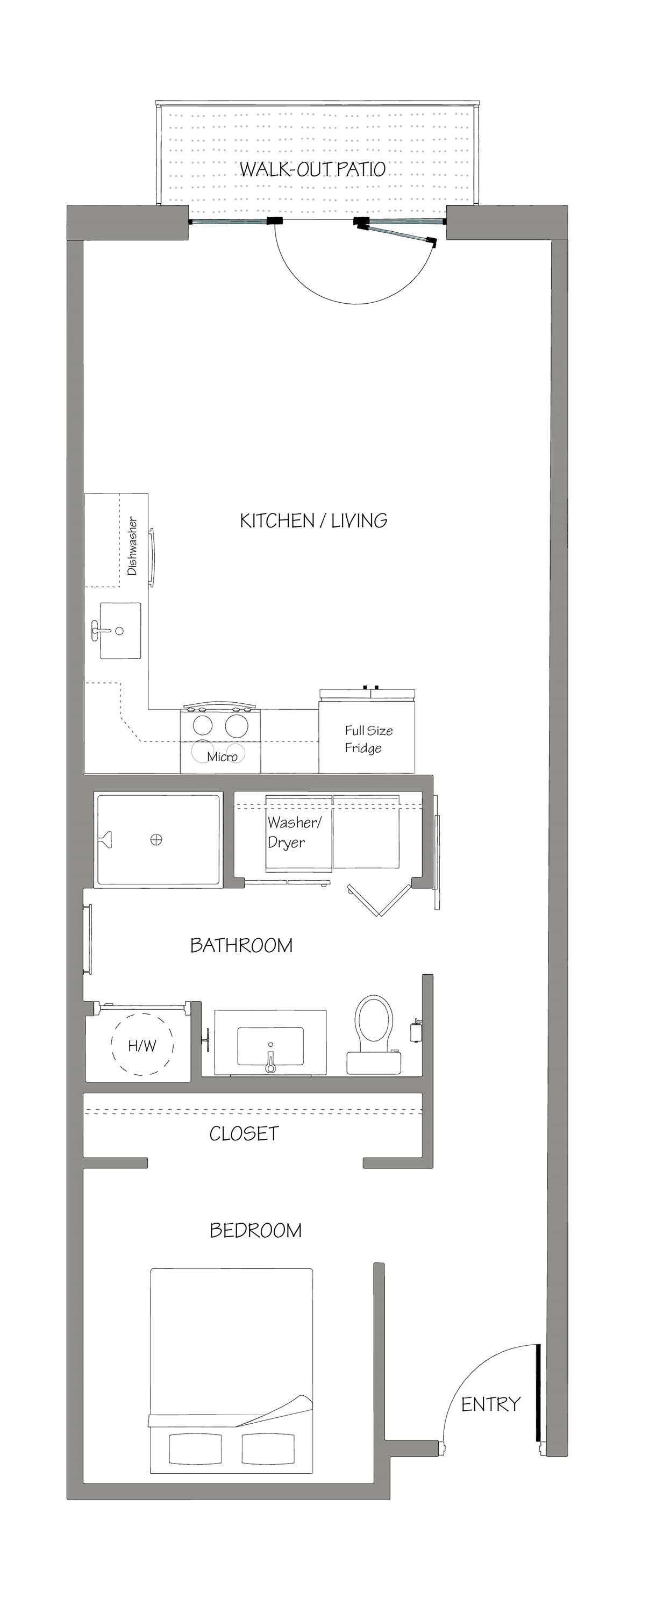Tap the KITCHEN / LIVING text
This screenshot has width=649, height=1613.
pos(313,520)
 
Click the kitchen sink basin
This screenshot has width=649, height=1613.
pos(120,631)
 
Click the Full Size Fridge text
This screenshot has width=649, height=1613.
pos(368,739)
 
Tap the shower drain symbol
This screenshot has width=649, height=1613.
pos(156,840)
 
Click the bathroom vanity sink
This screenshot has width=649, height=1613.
pos(270,1047)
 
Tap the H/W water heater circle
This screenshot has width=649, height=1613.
pos(142,1045)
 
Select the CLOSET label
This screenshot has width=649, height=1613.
pos(244,1133)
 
